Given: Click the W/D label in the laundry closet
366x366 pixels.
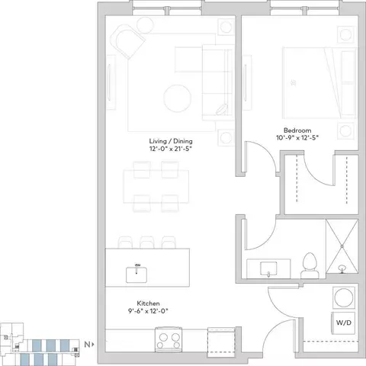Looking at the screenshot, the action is coord(344,323).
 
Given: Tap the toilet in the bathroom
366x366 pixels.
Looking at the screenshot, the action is coord(310,265).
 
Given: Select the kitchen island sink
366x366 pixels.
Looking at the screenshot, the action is coord(136,274).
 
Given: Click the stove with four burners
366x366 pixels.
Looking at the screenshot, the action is coord(169,340).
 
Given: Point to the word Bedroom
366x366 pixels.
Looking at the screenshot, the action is coord(297,130).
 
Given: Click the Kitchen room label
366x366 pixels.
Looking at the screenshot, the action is coord(148,303).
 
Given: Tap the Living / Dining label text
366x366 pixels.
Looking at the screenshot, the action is coord(171,141).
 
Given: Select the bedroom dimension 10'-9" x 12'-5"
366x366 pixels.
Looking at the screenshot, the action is coord(297,138).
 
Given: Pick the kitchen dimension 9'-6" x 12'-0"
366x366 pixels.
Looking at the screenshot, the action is coord(148,311).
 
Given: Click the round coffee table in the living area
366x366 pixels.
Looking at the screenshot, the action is coord(178,98).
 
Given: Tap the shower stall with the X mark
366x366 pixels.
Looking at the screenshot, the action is coord(342,246).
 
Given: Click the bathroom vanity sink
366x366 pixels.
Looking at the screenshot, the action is coord(268,269).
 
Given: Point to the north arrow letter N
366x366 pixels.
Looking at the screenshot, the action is coord(87,345).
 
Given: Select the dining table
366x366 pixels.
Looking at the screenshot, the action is coord(156,187).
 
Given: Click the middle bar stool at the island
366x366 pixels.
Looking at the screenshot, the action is coord(147,242).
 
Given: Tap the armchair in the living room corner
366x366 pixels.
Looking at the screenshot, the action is coord(127,42).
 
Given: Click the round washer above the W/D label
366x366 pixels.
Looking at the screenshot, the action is coord(344,297).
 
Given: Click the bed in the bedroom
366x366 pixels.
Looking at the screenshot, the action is coord(319,83).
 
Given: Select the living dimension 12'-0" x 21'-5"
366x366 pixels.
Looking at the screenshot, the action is coord(170,149).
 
